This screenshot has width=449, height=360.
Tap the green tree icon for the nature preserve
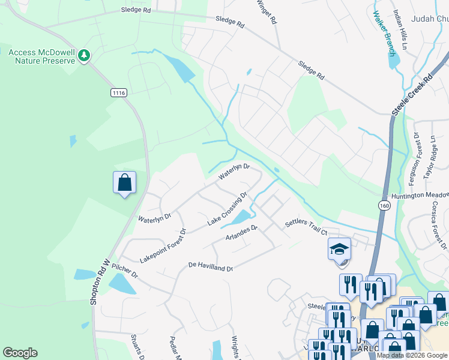84,56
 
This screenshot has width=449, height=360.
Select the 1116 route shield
118,92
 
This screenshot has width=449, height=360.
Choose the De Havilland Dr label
210,266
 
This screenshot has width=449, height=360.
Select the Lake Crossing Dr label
228,209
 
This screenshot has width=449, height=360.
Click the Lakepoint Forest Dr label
163,245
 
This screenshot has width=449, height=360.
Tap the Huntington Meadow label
420,196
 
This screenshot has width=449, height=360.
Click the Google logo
20,353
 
